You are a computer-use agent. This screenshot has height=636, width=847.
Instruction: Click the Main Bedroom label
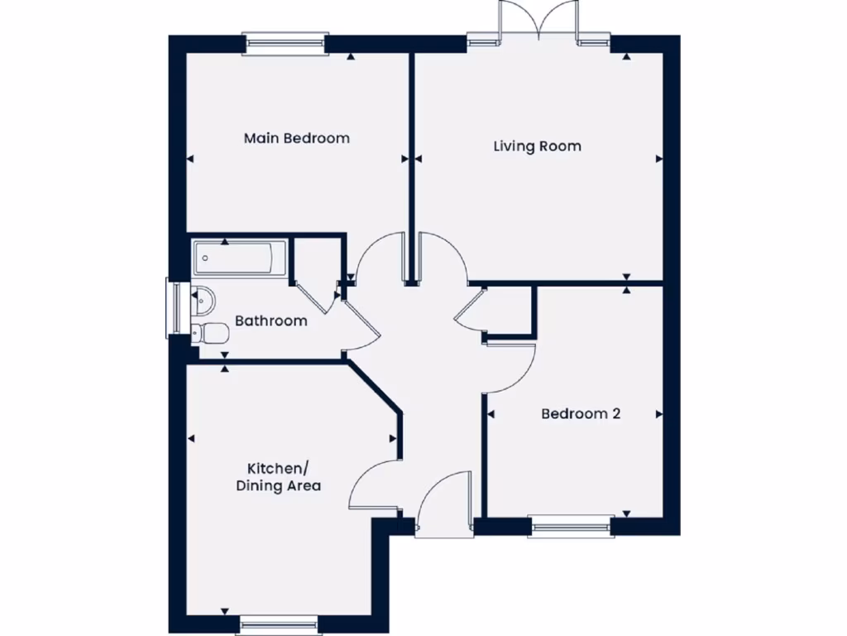[x=296, y=138]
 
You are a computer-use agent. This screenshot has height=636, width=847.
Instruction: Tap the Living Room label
[x=537, y=147]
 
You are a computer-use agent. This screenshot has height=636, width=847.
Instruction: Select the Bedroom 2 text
[x=580, y=414]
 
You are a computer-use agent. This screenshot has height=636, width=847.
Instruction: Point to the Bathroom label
[x=270, y=320]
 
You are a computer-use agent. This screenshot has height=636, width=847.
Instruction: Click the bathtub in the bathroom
[x=239, y=258]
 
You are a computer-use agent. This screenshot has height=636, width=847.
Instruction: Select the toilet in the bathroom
[x=210, y=333]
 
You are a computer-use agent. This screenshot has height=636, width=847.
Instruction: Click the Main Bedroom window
[x=285, y=44]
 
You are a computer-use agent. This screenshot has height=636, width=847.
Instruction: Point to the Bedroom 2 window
[x=572, y=526]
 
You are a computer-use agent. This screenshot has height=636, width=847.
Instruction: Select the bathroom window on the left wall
[x=174, y=309]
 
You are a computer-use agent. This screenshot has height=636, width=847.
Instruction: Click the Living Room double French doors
[x=538, y=23]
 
